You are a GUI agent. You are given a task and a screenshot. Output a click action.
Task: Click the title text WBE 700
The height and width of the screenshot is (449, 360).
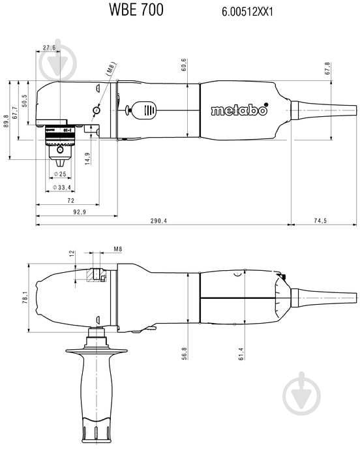(137, 10)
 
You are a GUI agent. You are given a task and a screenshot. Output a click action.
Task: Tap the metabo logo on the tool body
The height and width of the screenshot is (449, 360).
(239, 110)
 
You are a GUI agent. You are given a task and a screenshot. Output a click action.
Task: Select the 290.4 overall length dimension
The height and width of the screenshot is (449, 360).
(158, 221)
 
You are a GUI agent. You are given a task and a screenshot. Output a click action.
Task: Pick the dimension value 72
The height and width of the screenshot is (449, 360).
(71, 202)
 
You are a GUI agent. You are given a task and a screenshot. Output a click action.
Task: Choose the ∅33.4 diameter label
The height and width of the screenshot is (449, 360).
(63, 187)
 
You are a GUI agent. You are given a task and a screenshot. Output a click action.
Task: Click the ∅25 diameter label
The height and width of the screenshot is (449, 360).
(63, 174)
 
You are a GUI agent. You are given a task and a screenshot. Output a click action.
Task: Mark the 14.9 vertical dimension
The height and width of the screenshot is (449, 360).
(87, 157)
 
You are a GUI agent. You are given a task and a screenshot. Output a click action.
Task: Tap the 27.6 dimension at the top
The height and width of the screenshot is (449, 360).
(50, 47)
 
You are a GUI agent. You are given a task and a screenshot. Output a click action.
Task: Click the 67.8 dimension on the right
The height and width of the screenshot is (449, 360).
(346, 69)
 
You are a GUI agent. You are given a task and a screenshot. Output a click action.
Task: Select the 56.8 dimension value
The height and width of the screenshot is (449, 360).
(185, 353)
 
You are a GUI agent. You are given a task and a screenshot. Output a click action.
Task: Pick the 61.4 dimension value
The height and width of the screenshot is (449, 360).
(241, 353)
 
